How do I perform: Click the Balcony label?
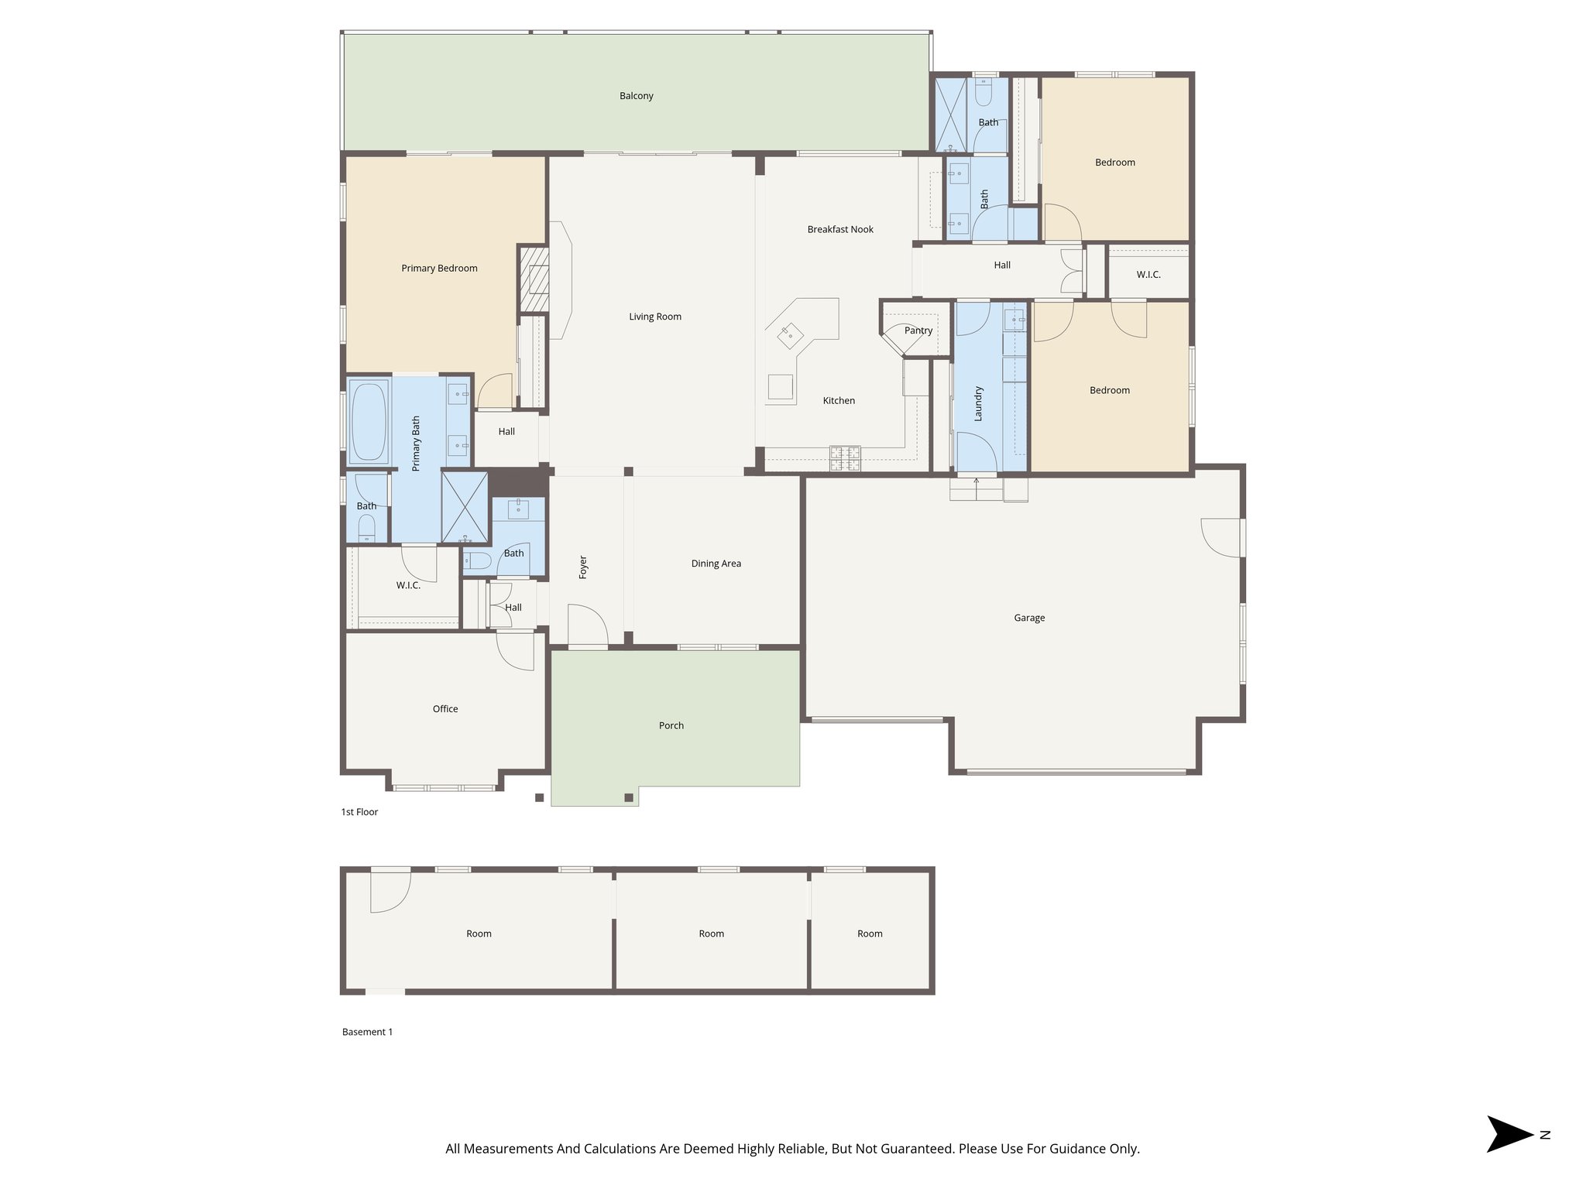(x=636, y=96)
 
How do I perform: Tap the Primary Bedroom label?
(x=439, y=269)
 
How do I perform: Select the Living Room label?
(x=654, y=317)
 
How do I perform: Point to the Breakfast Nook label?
(x=839, y=230)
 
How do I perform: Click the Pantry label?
(x=918, y=331)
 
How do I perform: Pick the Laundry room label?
(x=978, y=403)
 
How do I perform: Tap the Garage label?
(x=1028, y=618)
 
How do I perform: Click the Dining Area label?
(x=716, y=564)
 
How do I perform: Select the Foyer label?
(x=583, y=567)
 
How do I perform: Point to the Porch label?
(x=671, y=725)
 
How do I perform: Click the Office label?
(x=445, y=709)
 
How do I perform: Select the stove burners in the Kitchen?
(x=845, y=458)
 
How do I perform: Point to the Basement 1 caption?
(x=367, y=1032)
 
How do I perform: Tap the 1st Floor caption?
(x=359, y=812)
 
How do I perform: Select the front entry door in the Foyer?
(x=587, y=625)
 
